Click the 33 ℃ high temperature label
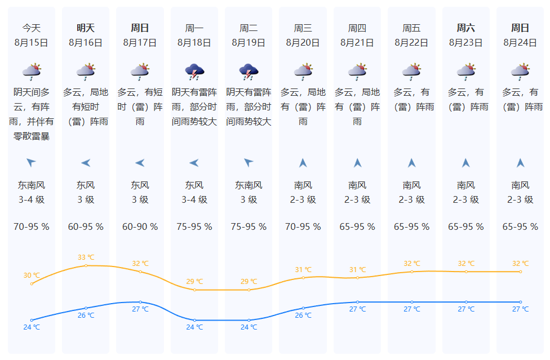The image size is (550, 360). tap(86, 257)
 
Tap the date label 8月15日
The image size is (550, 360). tap(31, 43)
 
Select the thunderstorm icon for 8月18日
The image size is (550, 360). tap(194, 72)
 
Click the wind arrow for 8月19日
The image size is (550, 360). tap(249, 162)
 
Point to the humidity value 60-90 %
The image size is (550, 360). tap(140, 227)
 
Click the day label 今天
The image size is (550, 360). tap(32, 28)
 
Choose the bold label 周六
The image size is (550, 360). tap(466, 28)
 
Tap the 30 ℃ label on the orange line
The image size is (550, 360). tap(32, 275)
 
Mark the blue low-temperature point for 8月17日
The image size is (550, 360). tap(140, 302)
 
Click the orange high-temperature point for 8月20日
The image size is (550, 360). tap(303, 278)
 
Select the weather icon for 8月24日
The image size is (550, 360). tap(520, 72)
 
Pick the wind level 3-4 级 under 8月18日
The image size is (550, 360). tap(194, 200)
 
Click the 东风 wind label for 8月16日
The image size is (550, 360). tap(86, 185)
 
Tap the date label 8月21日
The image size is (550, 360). tap(357, 43)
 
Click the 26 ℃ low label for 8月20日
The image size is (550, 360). tap(303, 315)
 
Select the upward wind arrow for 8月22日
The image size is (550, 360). tap(411, 163)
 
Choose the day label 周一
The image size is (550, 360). tap(194, 28)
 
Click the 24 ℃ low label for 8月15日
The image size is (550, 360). tap(32, 327)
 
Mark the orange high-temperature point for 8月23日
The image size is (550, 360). tap(466, 272)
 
